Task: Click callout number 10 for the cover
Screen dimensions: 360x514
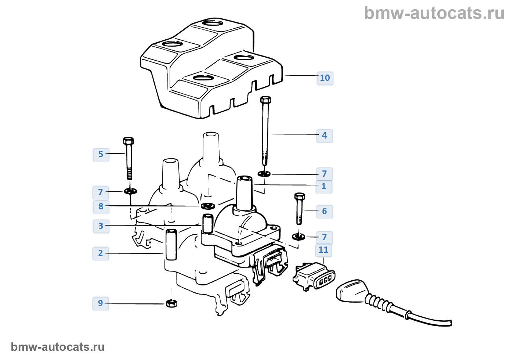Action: [x=325, y=78]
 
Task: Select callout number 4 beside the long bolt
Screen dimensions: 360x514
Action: [x=324, y=136]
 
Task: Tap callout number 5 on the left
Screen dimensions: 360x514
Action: [x=101, y=154]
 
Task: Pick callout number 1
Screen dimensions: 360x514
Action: [x=324, y=186]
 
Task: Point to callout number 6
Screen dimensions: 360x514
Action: [x=324, y=211]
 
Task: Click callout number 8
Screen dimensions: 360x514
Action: [x=101, y=206]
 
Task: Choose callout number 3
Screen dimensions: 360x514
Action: [x=101, y=226]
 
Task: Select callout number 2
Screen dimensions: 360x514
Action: [x=101, y=253]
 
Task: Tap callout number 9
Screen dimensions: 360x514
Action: [x=101, y=303]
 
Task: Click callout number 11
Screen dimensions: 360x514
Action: [x=323, y=250]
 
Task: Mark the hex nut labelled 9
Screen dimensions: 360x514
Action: [x=171, y=303]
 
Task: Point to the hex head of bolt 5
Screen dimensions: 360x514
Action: [x=128, y=141]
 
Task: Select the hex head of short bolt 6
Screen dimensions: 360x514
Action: [x=300, y=196]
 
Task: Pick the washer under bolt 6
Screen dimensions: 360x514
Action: [x=299, y=236]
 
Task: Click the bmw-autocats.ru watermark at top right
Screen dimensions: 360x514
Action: [x=434, y=13]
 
